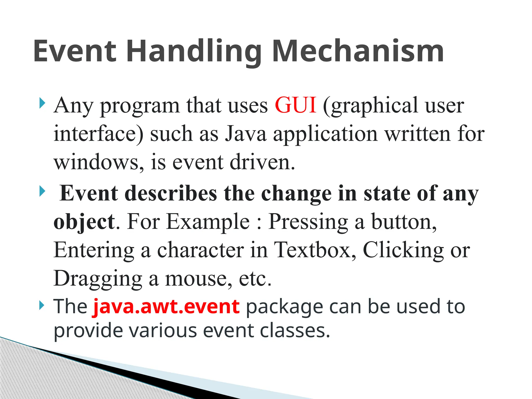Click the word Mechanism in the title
point(358,51)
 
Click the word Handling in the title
point(194,51)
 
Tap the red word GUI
point(295,105)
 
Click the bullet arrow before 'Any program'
point(42,103)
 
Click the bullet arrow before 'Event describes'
point(42,192)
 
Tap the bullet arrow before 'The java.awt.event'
point(42,305)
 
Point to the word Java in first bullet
point(246,134)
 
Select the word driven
point(262,162)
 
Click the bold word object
point(84,222)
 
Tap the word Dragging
point(98,278)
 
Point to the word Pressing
point(308,222)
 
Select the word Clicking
point(403,250)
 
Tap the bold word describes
point(171,194)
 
